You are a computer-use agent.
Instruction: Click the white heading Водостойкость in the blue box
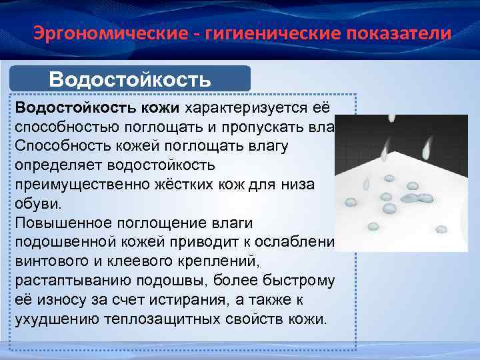[x=130, y=80]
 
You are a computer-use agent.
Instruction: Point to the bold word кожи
[x=160, y=108]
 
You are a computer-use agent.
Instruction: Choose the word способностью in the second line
[x=67, y=127]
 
